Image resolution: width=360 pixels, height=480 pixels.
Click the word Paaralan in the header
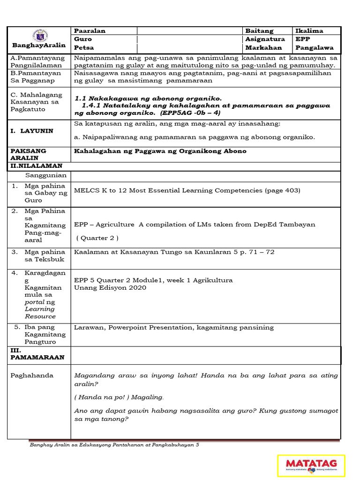coord(90,31)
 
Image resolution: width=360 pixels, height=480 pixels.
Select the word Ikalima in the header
coord(309,31)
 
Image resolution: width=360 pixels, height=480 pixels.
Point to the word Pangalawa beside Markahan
coord(315,48)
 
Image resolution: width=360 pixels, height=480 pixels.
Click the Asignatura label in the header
coord(265,39)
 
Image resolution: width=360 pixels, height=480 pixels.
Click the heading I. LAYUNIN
coord(32,131)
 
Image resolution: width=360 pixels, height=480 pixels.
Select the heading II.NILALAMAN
coord(37,166)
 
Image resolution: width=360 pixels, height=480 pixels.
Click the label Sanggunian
coord(46,175)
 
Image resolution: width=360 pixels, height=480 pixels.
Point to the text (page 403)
coord(282,190)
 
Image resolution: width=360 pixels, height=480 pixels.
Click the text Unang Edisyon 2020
coord(110,288)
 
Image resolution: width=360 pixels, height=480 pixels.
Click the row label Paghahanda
coord(32,375)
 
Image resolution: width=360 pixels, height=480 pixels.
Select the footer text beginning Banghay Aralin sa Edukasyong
coord(114,445)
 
